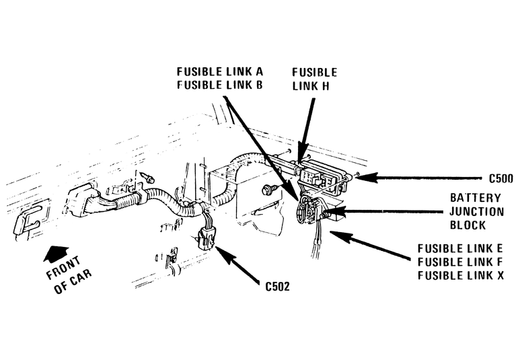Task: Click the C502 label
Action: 277,285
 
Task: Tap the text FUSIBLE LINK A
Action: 219,71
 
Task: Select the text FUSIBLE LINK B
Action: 219,85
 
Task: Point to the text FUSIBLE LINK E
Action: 460,248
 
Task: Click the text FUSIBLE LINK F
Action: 460,261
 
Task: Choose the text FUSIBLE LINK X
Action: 460,275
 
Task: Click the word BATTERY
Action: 476,198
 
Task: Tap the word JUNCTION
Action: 476,211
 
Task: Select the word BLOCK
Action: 476,225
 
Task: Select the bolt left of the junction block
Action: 270,188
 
